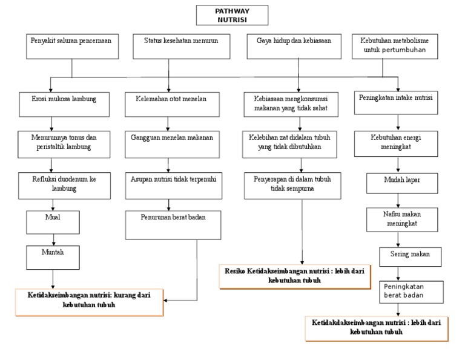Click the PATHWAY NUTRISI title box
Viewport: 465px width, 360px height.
pos(232,15)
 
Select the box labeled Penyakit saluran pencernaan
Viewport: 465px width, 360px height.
pos(71,47)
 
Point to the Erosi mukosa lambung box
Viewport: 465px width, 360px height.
pos(64,103)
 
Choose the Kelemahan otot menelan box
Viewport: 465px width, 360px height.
pos(168,103)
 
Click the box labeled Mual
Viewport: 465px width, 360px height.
pos(53,222)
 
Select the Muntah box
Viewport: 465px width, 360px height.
pos(53,256)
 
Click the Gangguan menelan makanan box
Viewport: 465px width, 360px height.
pos(171,143)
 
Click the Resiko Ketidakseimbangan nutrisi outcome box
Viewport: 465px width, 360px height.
pos(294,275)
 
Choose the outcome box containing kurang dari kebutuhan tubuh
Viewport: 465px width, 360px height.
pos(89,301)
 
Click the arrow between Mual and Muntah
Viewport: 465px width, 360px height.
pos(53,239)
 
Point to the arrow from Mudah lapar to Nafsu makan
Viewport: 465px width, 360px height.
pos(398,201)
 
